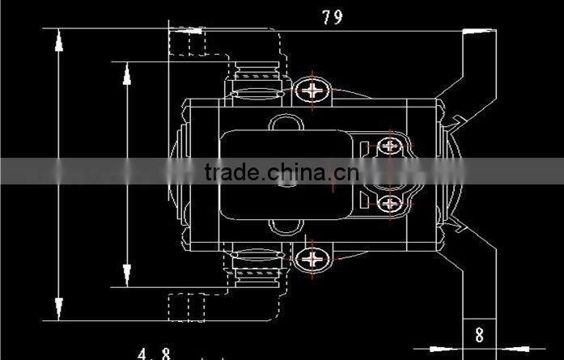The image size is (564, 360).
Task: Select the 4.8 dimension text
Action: (154, 354)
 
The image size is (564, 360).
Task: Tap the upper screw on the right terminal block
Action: (390, 146)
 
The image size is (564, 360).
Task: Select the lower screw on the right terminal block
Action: (390, 203)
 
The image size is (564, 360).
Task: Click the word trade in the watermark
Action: (231, 172)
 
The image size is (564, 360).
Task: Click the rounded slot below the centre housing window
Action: (287, 227)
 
